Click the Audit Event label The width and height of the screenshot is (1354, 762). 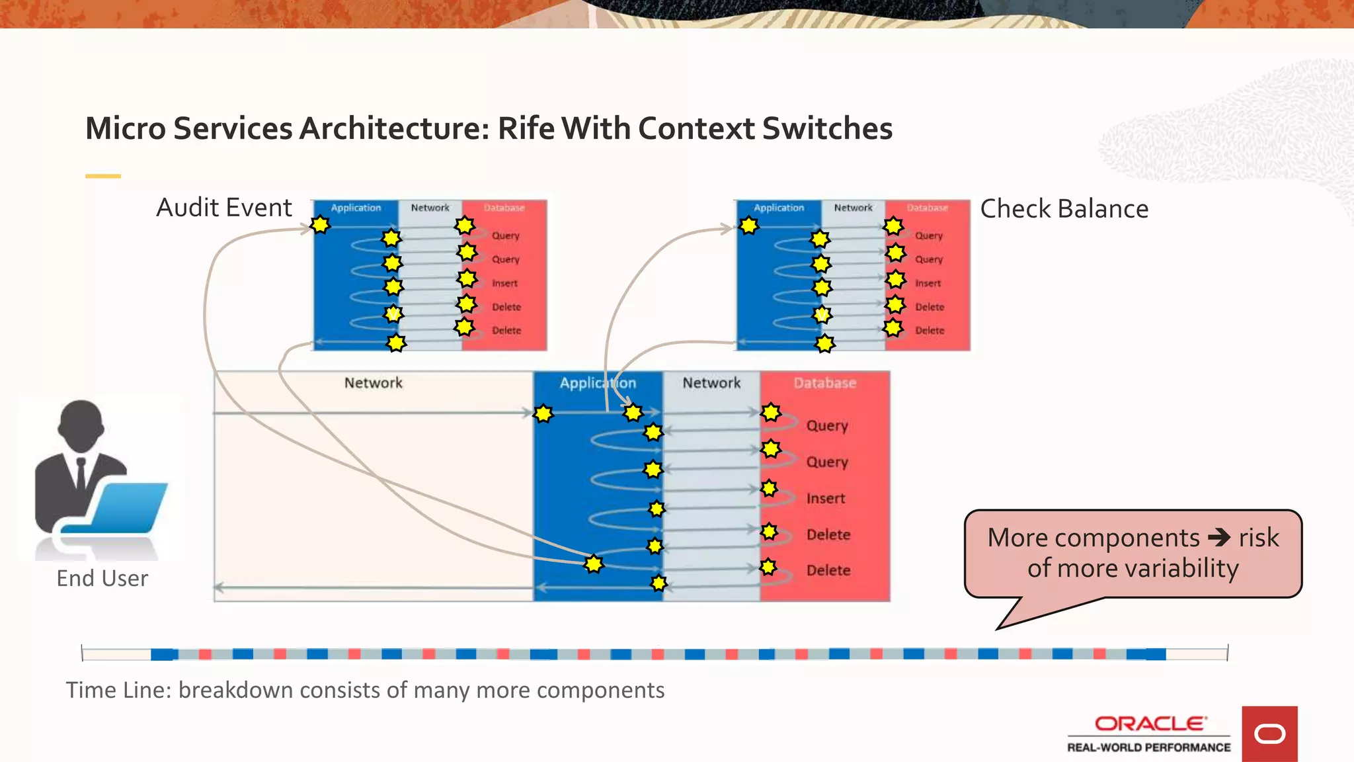click(223, 208)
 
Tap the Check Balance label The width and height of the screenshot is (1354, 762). click(1064, 209)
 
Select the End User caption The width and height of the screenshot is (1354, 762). click(102, 578)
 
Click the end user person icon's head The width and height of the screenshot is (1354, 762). click(81, 424)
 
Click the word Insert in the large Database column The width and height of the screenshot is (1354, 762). click(826, 498)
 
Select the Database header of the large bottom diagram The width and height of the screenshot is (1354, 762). click(824, 383)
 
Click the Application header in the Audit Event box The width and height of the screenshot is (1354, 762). click(356, 208)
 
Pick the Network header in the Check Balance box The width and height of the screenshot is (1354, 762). click(853, 208)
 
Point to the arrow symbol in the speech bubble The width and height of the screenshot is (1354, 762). click(1218, 537)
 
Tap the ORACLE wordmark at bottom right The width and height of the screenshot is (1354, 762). click(1150, 724)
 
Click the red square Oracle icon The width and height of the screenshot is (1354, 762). click(1269, 734)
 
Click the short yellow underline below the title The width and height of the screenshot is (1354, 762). click(103, 176)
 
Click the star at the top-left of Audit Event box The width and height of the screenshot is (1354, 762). click(320, 225)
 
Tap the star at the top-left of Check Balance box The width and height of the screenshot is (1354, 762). click(748, 226)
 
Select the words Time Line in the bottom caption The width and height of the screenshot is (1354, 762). click(118, 690)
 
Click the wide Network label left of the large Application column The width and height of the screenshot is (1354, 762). click(373, 383)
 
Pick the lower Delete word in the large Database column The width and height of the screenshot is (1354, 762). click(828, 570)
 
